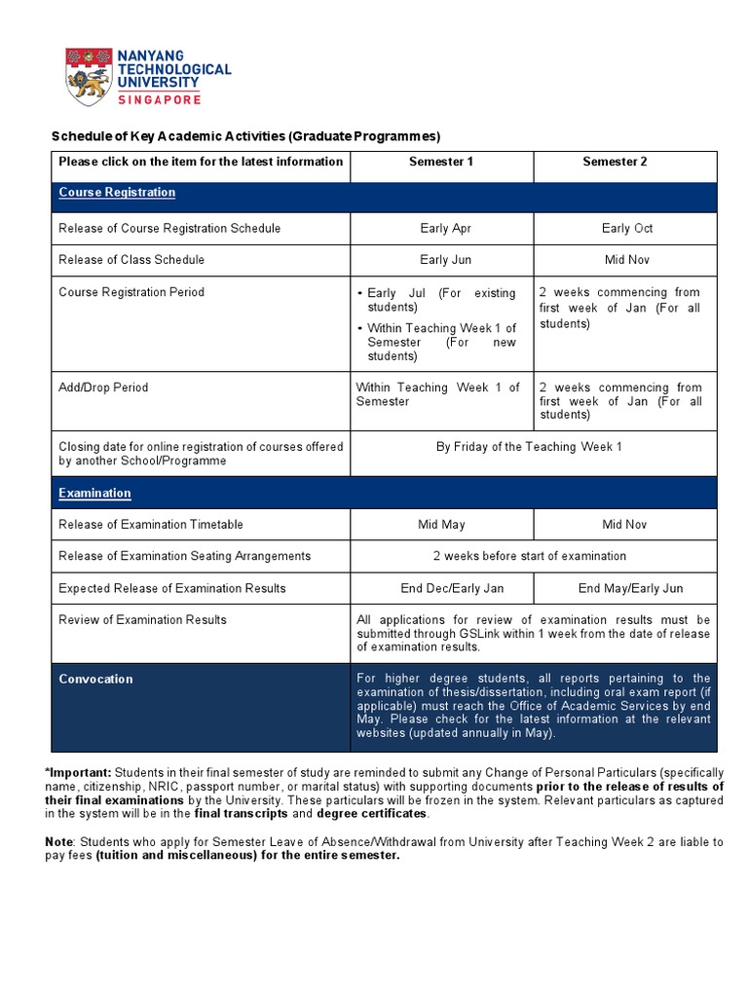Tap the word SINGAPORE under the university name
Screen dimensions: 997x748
(x=160, y=99)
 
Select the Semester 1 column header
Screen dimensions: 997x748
(x=441, y=162)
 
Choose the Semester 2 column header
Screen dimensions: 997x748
(x=615, y=162)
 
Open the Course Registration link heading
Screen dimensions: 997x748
(x=117, y=193)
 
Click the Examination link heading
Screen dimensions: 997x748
(x=94, y=493)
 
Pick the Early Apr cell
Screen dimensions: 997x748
(x=447, y=229)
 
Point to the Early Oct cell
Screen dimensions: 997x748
(x=627, y=229)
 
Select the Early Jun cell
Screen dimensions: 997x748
(x=446, y=260)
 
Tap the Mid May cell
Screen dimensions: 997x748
(x=441, y=525)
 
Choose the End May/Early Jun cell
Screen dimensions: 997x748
(x=630, y=588)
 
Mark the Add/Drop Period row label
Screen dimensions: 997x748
(x=103, y=388)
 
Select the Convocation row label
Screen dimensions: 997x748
(x=95, y=679)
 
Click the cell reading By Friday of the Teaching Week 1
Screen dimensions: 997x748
(x=529, y=447)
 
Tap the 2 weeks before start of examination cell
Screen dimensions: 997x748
(x=529, y=556)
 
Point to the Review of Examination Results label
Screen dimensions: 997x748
(x=142, y=619)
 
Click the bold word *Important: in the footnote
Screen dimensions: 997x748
(x=78, y=772)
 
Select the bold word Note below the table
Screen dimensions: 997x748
(x=58, y=841)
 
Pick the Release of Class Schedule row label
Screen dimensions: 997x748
(x=131, y=260)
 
